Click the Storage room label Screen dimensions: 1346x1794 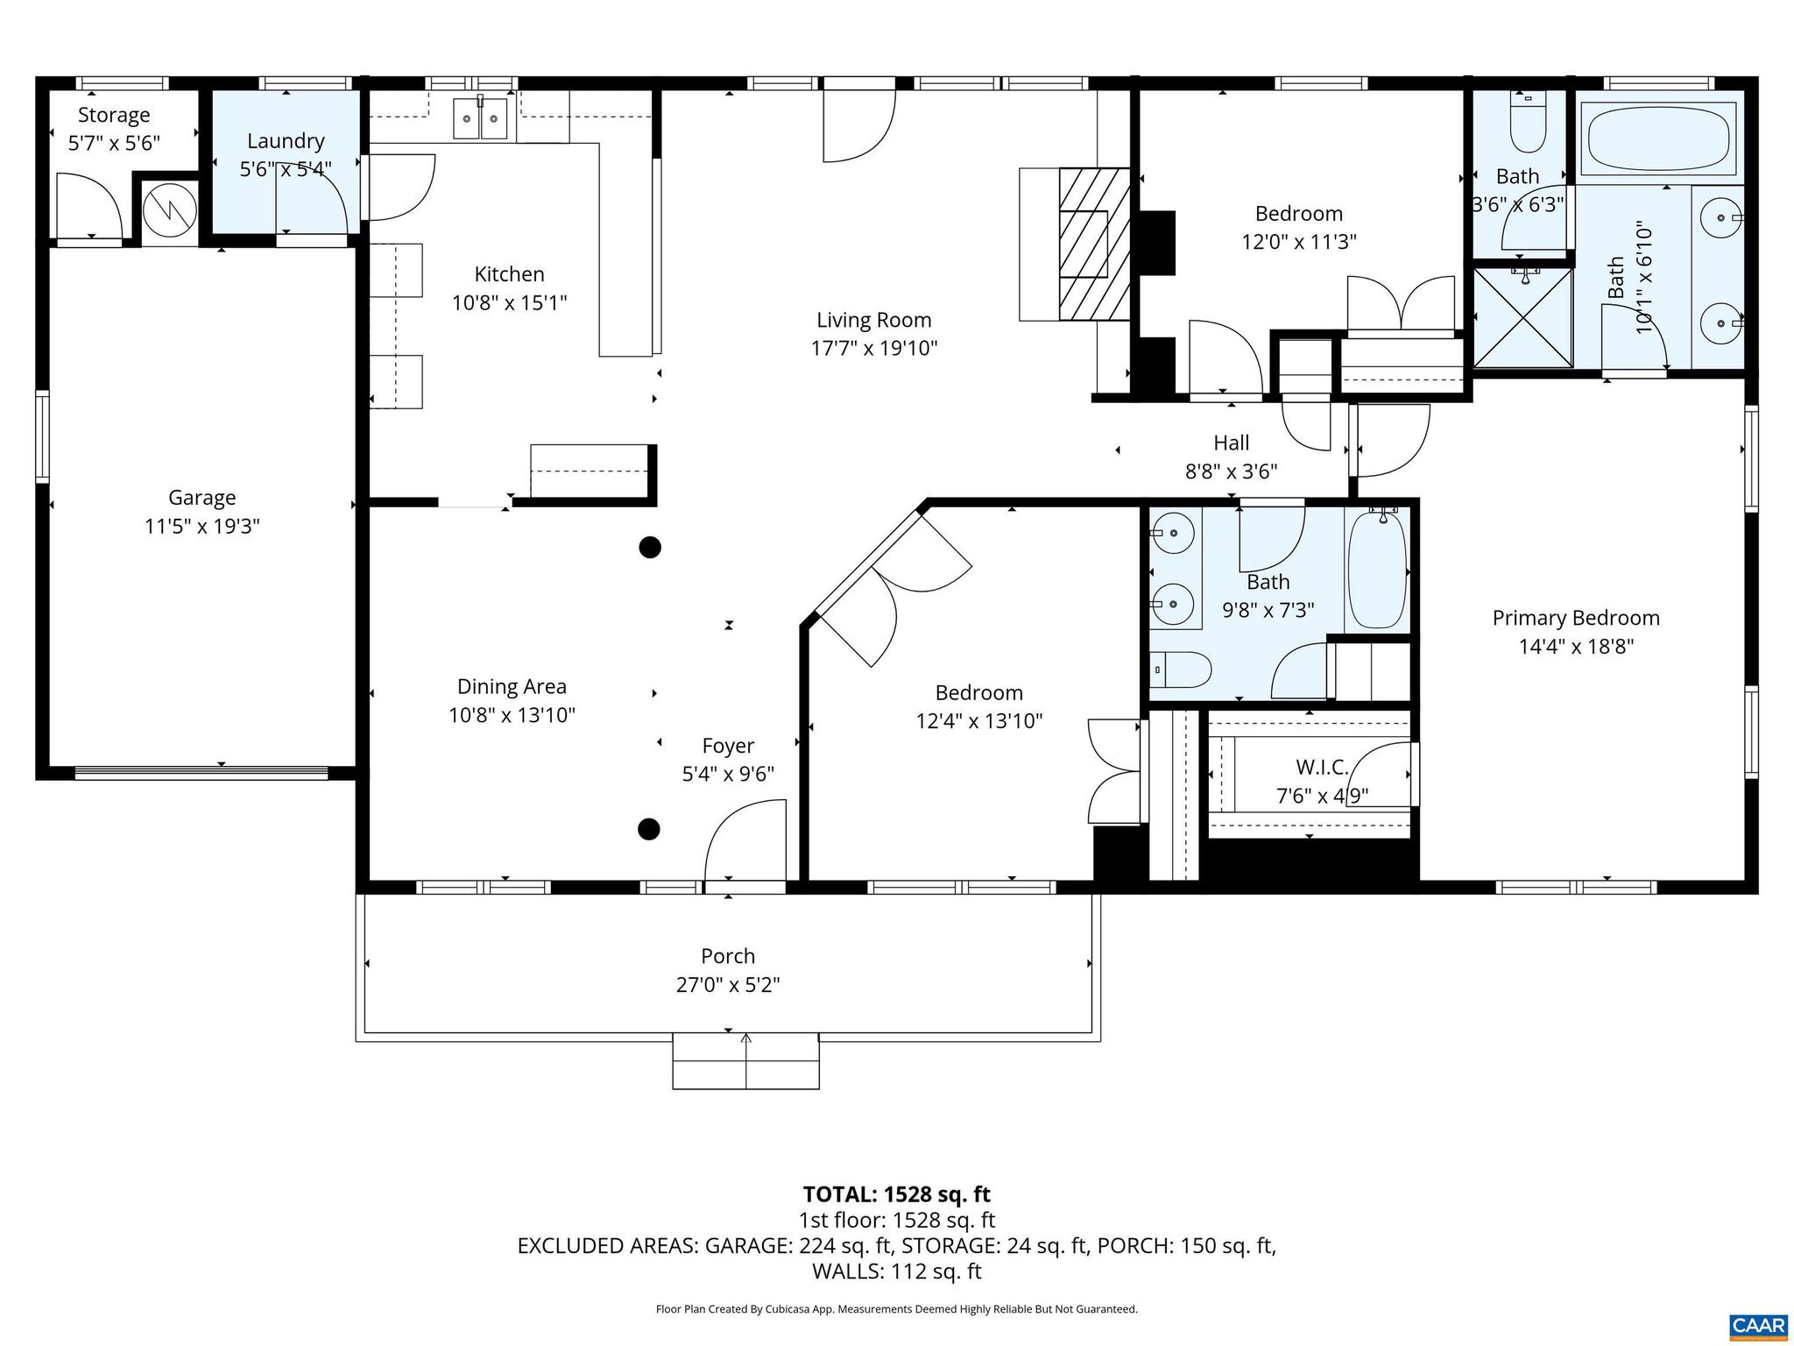[114, 115]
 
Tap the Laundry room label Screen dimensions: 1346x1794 [286, 141]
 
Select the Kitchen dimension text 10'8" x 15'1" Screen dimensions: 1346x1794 [509, 303]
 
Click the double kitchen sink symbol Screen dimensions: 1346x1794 [480, 118]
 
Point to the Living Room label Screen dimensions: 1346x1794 [873, 320]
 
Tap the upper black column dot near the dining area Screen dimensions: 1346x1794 [649, 548]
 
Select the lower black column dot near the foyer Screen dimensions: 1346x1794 [648, 828]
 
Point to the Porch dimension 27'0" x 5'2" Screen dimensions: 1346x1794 [727, 985]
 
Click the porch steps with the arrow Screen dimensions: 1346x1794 [745, 1061]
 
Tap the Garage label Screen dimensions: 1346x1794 [201, 498]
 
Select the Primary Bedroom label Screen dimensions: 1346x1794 [1575, 618]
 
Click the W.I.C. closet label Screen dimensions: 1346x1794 [1322, 768]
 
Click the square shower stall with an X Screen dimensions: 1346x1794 [1522, 318]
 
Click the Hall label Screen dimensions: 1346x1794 [1231, 443]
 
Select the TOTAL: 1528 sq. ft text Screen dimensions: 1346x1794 [896, 1194]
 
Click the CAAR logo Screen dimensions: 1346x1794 [1758, 1325]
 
